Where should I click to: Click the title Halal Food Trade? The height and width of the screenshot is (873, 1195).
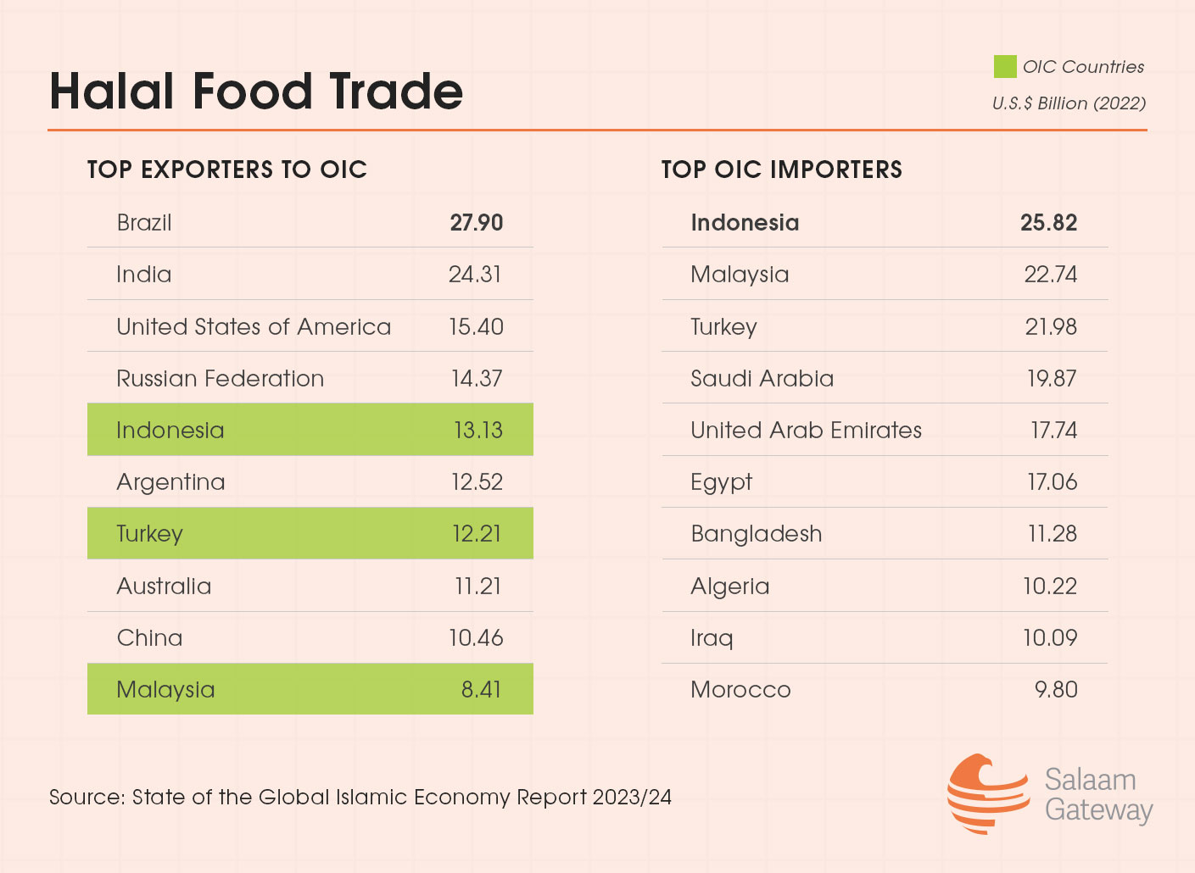coord(256,92)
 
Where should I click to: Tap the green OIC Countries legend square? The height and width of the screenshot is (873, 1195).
coord(1005,67)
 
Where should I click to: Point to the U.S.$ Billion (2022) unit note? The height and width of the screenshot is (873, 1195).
coord(1069,103)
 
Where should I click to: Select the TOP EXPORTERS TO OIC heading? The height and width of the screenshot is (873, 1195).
coord(227,170)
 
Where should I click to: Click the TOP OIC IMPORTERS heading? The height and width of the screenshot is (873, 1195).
coord(781,170)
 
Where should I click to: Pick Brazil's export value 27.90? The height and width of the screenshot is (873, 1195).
coord(476,223)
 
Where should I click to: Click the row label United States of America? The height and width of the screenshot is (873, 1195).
coord(254,327)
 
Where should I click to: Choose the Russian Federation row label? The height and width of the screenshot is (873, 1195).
coord(220,379)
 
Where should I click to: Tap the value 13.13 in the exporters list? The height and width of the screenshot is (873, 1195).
coord(477,431)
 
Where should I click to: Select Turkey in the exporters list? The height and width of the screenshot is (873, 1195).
coord(149,534)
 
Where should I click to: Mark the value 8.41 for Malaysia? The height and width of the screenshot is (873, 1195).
coord(481,690)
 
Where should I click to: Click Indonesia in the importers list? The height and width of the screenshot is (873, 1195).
coord(745,223)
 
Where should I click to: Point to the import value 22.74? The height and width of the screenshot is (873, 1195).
coord(1050,275)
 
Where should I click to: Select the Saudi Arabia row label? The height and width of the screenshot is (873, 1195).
coord(762,379)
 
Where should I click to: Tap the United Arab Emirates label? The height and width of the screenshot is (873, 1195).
coord(806,431)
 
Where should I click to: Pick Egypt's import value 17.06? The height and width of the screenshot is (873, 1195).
coord(1052,482)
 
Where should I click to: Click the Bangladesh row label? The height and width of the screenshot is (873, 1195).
coord(756,534)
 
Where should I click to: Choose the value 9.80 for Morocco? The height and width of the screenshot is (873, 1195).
coord(1055,690)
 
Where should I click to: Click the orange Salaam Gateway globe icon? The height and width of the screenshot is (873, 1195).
coord(986,794)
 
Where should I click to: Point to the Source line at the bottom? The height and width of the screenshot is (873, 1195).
coord(360,798)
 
